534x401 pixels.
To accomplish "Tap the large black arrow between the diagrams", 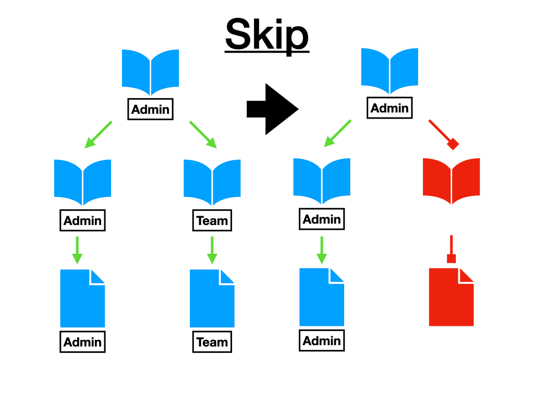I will pyautogui.click(x=272, y=109).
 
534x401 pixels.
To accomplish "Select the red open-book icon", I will pyautogui.click(x=451, y=181).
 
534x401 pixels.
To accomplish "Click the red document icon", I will pyautogui.click(x=451, y=297).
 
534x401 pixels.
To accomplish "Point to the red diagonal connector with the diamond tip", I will pyautogui.click(x=442, y=134).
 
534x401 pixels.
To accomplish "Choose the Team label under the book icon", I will pyautogui.click(x=212, y=220).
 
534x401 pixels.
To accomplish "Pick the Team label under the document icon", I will pyautogui.click(x=212, y=342).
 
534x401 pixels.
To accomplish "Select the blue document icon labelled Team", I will pyautogui.click(x=212, y=298).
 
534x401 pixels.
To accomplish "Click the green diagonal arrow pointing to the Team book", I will pyautogui.click(x=202, y=134).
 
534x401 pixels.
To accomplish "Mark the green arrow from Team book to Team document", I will pyautogui.click(x=212, y=250).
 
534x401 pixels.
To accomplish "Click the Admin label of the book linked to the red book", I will pyautogui.click(x=390, y=108).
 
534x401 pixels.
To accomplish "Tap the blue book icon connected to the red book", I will pyautogui.click(x=390, y=71).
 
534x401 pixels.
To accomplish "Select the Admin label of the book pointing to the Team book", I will pyautogui.click(x=150, y=110).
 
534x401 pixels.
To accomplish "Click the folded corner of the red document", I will pyautogui.click(x=466, y=275).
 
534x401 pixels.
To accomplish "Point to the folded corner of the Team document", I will pyautogui.click(x=226, y=276).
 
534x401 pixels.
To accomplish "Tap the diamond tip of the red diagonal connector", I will pyautogui.click(x=453, y=144).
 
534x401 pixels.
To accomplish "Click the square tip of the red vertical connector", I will pyautogui.click(x=452, y=258).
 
